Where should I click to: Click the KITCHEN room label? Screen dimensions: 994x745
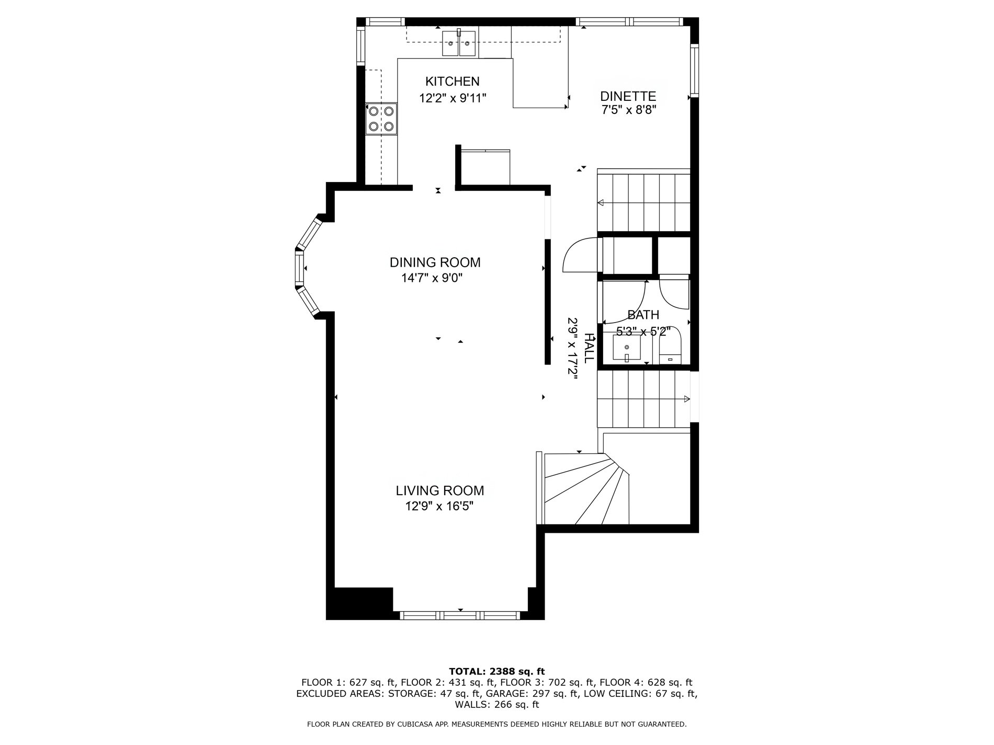tap(452, 82)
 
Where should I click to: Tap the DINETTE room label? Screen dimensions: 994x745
tap(628, 96)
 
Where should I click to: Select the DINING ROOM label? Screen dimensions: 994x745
tap(435, 262)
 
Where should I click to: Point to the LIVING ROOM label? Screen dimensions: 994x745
tap(439, 491)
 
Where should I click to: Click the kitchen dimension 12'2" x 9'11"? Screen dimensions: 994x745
tap(453, 98)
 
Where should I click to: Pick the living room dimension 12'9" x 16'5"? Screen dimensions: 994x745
tap(439, 507)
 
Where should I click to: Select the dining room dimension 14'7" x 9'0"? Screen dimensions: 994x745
tap(432, 278)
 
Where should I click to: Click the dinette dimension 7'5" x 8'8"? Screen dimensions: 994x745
tap(628, 110)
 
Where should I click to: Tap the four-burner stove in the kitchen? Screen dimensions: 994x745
tap(381, 118)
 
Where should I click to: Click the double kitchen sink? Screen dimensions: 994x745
tap(459, 43)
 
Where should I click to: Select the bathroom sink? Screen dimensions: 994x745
tap(627, 348)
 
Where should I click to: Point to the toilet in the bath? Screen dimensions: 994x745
tap(670, 346)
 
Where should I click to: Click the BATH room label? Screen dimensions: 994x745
tap(643, 315)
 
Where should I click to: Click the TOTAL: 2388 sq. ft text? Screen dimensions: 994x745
tap(497, 671)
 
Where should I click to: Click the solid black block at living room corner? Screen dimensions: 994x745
tap(359, 603)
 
